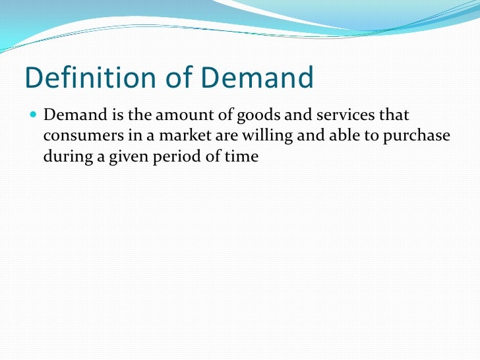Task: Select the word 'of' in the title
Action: pos(174,78)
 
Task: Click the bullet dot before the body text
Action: pos(34,115)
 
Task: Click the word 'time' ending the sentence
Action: pos(242,157)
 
